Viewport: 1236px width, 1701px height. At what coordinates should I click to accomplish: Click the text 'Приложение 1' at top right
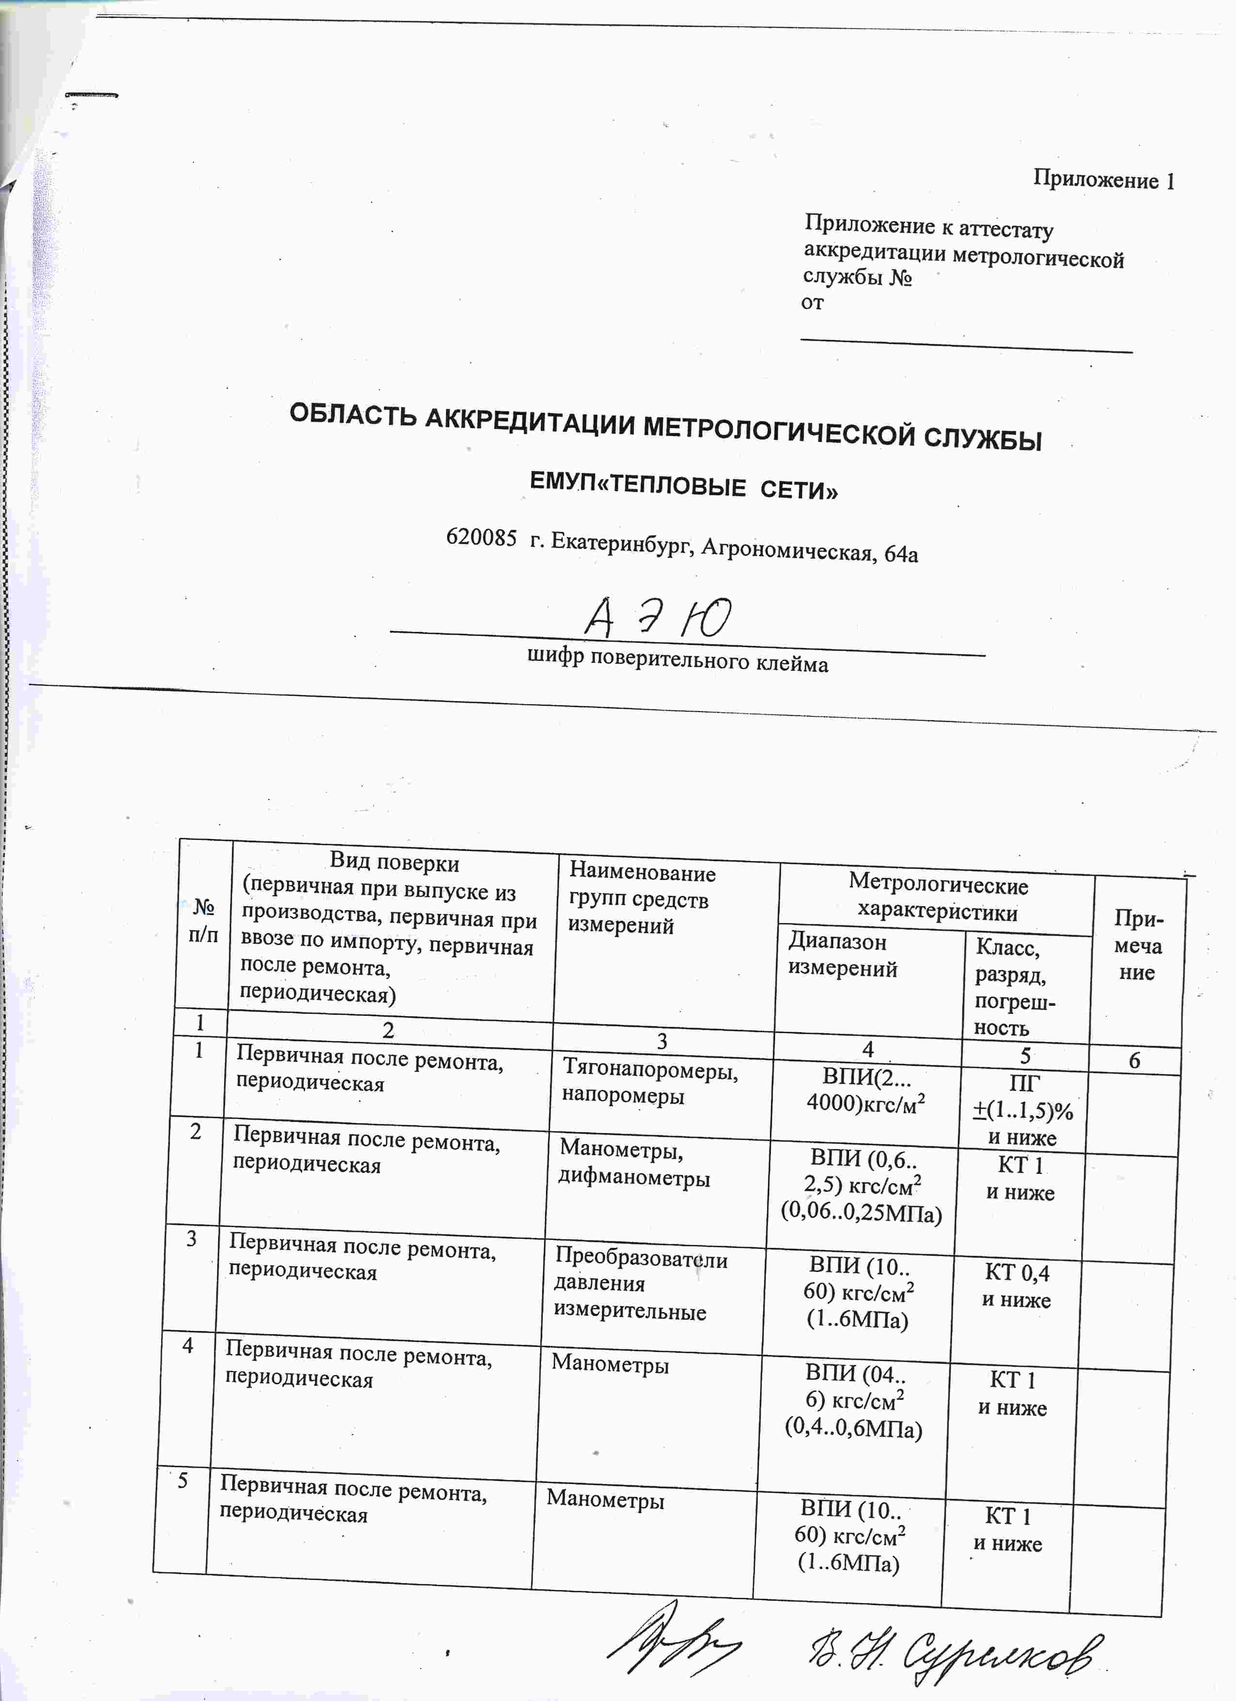coord(1103,179)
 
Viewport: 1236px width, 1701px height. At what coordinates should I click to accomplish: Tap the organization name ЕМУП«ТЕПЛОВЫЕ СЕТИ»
coord(683,487)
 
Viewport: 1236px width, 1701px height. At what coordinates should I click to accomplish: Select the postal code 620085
coord(481,537)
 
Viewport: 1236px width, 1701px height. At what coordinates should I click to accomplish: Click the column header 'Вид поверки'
coord(395,862)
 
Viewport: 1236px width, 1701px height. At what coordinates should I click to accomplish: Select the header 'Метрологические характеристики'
coord(937,899)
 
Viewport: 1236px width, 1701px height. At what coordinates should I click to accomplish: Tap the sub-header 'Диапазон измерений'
coord(841,955)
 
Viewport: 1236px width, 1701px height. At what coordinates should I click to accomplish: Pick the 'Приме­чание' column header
coord(1138,945)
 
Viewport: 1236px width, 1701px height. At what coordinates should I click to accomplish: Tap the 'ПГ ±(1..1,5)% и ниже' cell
coord(1023,1111)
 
